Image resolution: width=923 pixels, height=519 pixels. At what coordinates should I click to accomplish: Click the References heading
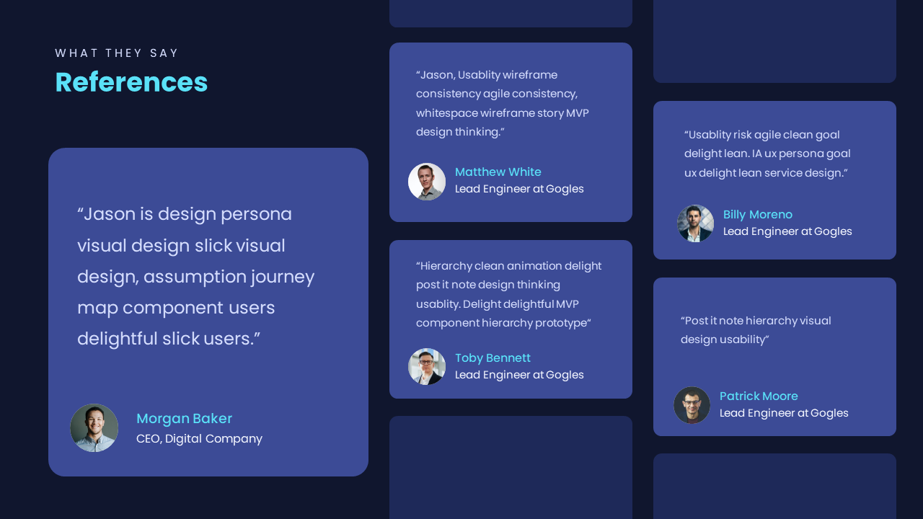coord(131,82)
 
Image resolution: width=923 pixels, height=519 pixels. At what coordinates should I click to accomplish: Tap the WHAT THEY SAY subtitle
coord(117,53)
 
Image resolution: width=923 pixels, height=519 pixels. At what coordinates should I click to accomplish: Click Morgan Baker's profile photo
coord(94,427)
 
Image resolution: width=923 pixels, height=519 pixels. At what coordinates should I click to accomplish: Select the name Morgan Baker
coord(184,419)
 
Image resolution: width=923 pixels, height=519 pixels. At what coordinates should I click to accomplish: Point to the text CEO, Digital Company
coord(199,439)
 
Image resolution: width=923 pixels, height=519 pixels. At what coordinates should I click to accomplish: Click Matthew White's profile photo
coord(426,182)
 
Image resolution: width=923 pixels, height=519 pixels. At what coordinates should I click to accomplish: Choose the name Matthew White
coord(498,172)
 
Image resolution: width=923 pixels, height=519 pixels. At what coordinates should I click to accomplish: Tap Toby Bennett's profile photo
coord(426,367)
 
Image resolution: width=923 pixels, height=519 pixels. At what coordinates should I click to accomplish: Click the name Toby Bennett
coord(493,358)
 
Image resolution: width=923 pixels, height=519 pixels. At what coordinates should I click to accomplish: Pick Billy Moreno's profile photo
coord(695,223)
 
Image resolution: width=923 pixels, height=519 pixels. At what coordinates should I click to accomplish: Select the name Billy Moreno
coord(757,215)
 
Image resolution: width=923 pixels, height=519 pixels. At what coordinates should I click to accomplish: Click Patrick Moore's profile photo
coord(692,405)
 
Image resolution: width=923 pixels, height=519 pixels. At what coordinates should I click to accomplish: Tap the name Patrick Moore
coord(759,396)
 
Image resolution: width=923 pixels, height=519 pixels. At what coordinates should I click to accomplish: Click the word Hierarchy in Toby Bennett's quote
coord(446,266)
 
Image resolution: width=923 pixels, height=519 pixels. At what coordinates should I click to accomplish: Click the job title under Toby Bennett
coord(519,375)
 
